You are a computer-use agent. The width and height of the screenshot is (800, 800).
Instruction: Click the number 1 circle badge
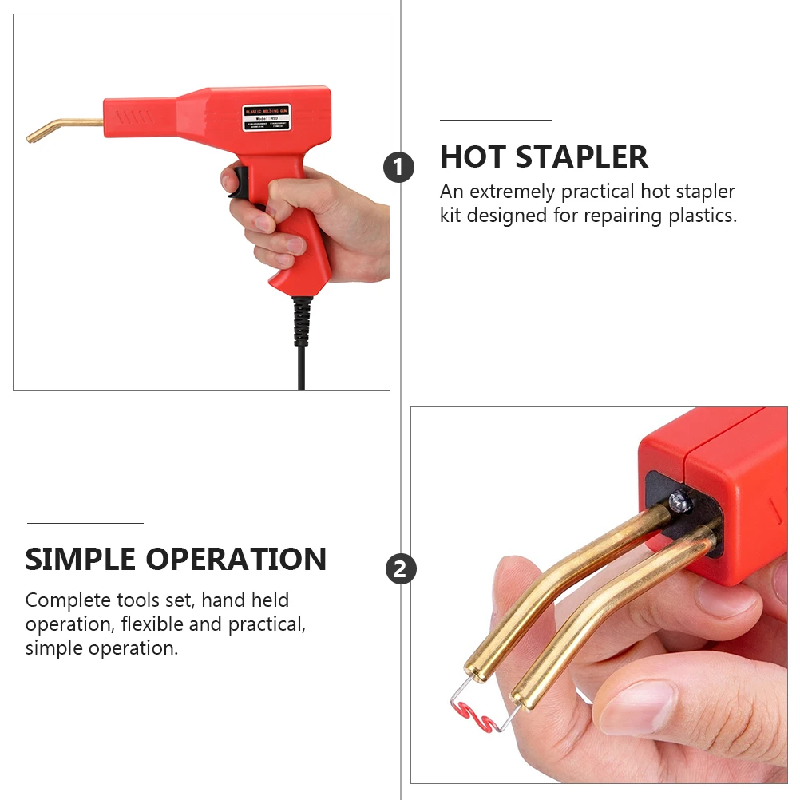click(399, 168)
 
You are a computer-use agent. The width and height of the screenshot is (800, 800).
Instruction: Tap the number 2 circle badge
click(401, 569)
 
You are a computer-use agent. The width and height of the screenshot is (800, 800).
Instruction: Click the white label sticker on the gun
click(268, 117)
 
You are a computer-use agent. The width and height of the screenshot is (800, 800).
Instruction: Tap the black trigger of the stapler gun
click(236, 181)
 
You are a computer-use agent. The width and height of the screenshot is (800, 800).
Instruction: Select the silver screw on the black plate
click(679, 501)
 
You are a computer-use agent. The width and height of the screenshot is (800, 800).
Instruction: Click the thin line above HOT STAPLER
click(496, 120)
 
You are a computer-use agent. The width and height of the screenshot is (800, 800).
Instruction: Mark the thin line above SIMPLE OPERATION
click(85, 523)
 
